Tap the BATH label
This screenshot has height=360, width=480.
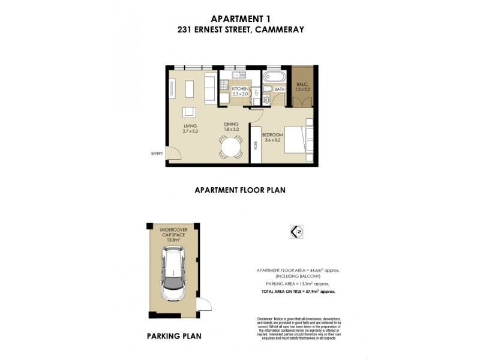coord(279,89)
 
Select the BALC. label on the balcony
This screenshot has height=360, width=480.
coord(302,84)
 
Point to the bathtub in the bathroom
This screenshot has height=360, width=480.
coord(275,77)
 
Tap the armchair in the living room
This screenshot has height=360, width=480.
coord(190,112)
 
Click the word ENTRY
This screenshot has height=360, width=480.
coord(157,154)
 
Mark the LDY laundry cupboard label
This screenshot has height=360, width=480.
coord(257,93)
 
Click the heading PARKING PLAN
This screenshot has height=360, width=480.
coord(174,336)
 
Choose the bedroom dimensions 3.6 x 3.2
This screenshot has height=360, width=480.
coord(272,140)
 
